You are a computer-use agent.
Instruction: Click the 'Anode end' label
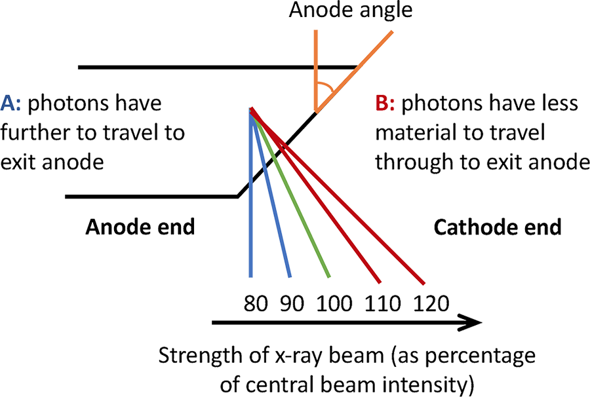[142, 227]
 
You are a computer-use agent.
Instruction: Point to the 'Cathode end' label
[498, 227]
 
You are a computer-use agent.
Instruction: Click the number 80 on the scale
[258, 304]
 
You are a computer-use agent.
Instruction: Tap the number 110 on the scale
[384, 304]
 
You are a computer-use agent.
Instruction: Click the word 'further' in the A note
[33, 133]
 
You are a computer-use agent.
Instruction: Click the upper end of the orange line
[394, 29]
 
